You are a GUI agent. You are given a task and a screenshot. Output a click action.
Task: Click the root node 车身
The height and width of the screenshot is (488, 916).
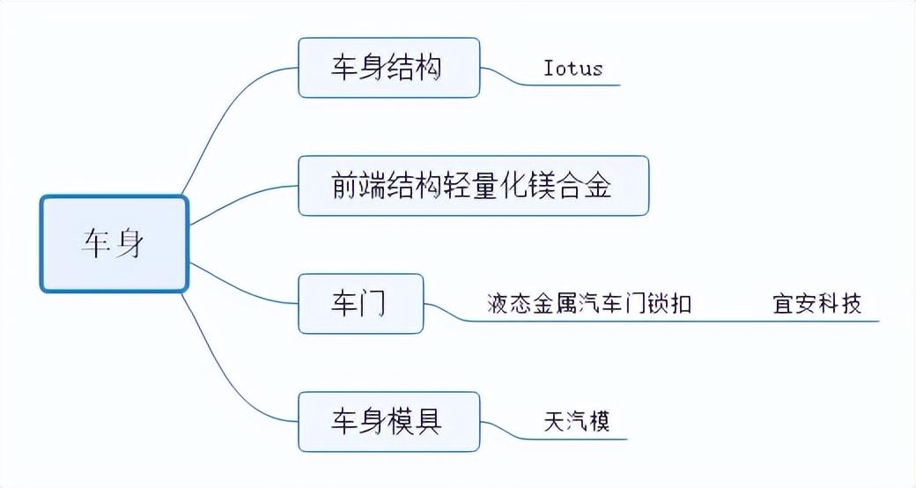coord(114,244)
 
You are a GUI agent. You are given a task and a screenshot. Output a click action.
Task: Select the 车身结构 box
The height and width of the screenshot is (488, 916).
coord(389,68)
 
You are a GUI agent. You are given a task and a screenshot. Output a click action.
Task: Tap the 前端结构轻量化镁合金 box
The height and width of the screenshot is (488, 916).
coord(474,186)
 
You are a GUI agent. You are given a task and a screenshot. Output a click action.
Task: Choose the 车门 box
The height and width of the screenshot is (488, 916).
coord(360,304)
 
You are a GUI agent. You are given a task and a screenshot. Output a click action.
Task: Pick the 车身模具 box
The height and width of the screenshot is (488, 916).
coord(389,422)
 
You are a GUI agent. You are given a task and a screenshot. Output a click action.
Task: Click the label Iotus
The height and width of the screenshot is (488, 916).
coord(573,69)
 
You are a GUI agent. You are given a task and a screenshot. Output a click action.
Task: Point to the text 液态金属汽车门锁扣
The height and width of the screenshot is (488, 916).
coord(589,304)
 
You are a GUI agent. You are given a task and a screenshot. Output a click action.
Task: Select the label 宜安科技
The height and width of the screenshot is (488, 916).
coord(817,304)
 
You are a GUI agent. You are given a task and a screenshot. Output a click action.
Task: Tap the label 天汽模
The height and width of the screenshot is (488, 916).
coord(577,421)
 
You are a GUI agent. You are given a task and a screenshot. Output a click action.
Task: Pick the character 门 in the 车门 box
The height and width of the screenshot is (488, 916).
coord(374,304)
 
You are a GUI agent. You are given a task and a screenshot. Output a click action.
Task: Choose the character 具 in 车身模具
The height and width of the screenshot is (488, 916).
coord(429,422)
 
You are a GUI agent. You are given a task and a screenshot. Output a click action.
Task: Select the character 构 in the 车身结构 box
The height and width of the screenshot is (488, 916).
coord(429,68)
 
